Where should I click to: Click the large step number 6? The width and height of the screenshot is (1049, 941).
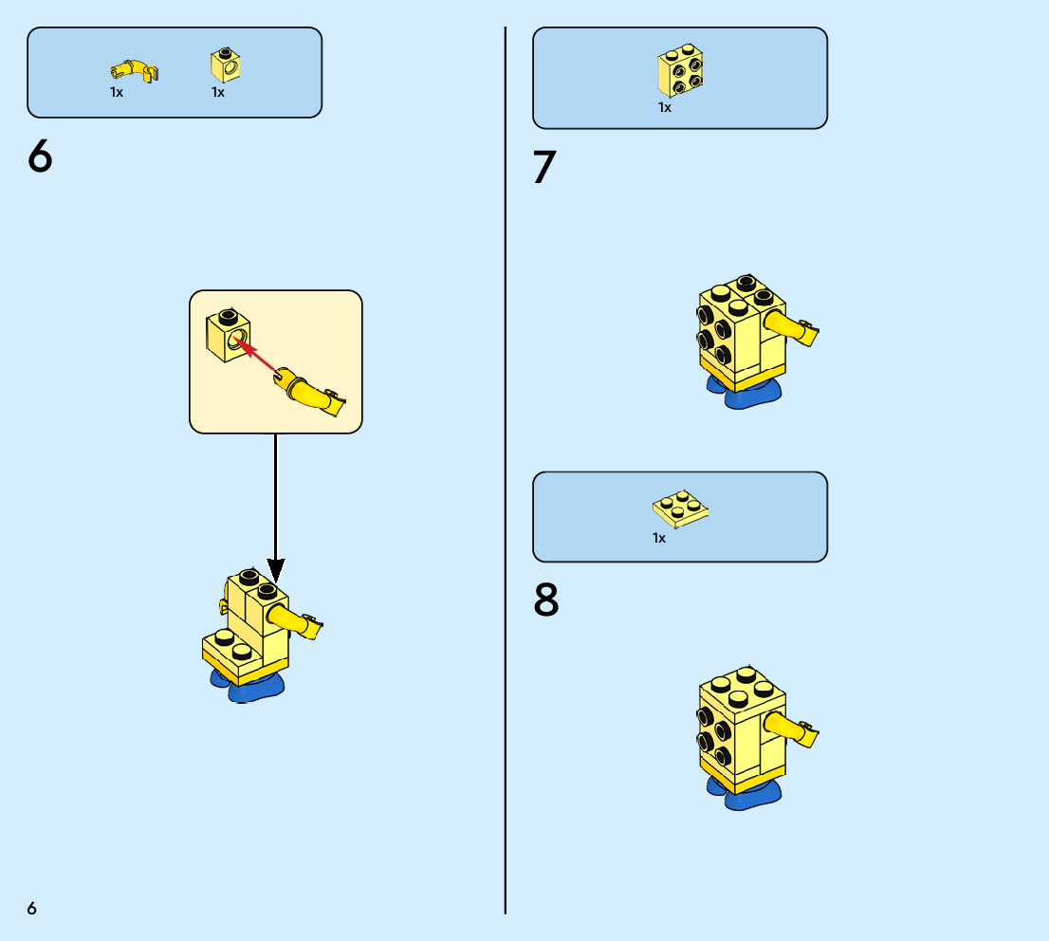[40, 156]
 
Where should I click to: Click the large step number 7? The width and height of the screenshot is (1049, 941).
[544, 166]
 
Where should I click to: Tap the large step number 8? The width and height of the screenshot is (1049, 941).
[546, 599]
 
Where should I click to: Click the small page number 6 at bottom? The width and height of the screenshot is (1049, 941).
[31, 908]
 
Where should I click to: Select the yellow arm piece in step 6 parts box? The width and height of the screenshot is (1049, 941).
[135, 70]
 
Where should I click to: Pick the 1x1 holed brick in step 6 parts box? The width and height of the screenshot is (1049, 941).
[226, 65]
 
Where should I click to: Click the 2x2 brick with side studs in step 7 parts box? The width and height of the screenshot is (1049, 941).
[680, 70]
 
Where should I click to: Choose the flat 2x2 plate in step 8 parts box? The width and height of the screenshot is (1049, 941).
[680, 508]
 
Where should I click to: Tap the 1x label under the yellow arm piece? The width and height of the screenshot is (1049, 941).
[117, 92]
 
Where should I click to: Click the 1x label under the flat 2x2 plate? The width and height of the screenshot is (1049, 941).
[659, 538]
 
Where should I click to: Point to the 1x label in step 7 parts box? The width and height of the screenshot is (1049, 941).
[664, 107]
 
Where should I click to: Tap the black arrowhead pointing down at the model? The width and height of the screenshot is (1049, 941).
[276, 570]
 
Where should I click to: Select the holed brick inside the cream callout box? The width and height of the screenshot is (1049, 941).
[229, 335]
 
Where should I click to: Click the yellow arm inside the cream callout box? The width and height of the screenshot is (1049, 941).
[310, 392]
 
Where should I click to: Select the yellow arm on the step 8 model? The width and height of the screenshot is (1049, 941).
[791, 729]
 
